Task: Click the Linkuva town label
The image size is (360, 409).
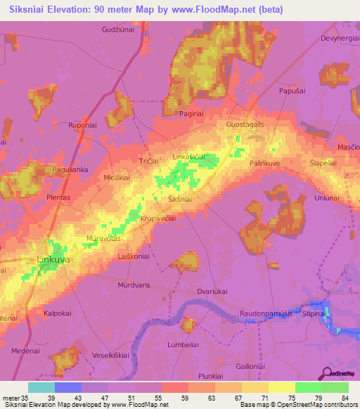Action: (x=53, y=260)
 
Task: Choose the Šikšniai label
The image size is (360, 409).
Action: (x=180, y=200)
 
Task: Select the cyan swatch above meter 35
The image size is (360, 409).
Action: (x=41, y=387)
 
